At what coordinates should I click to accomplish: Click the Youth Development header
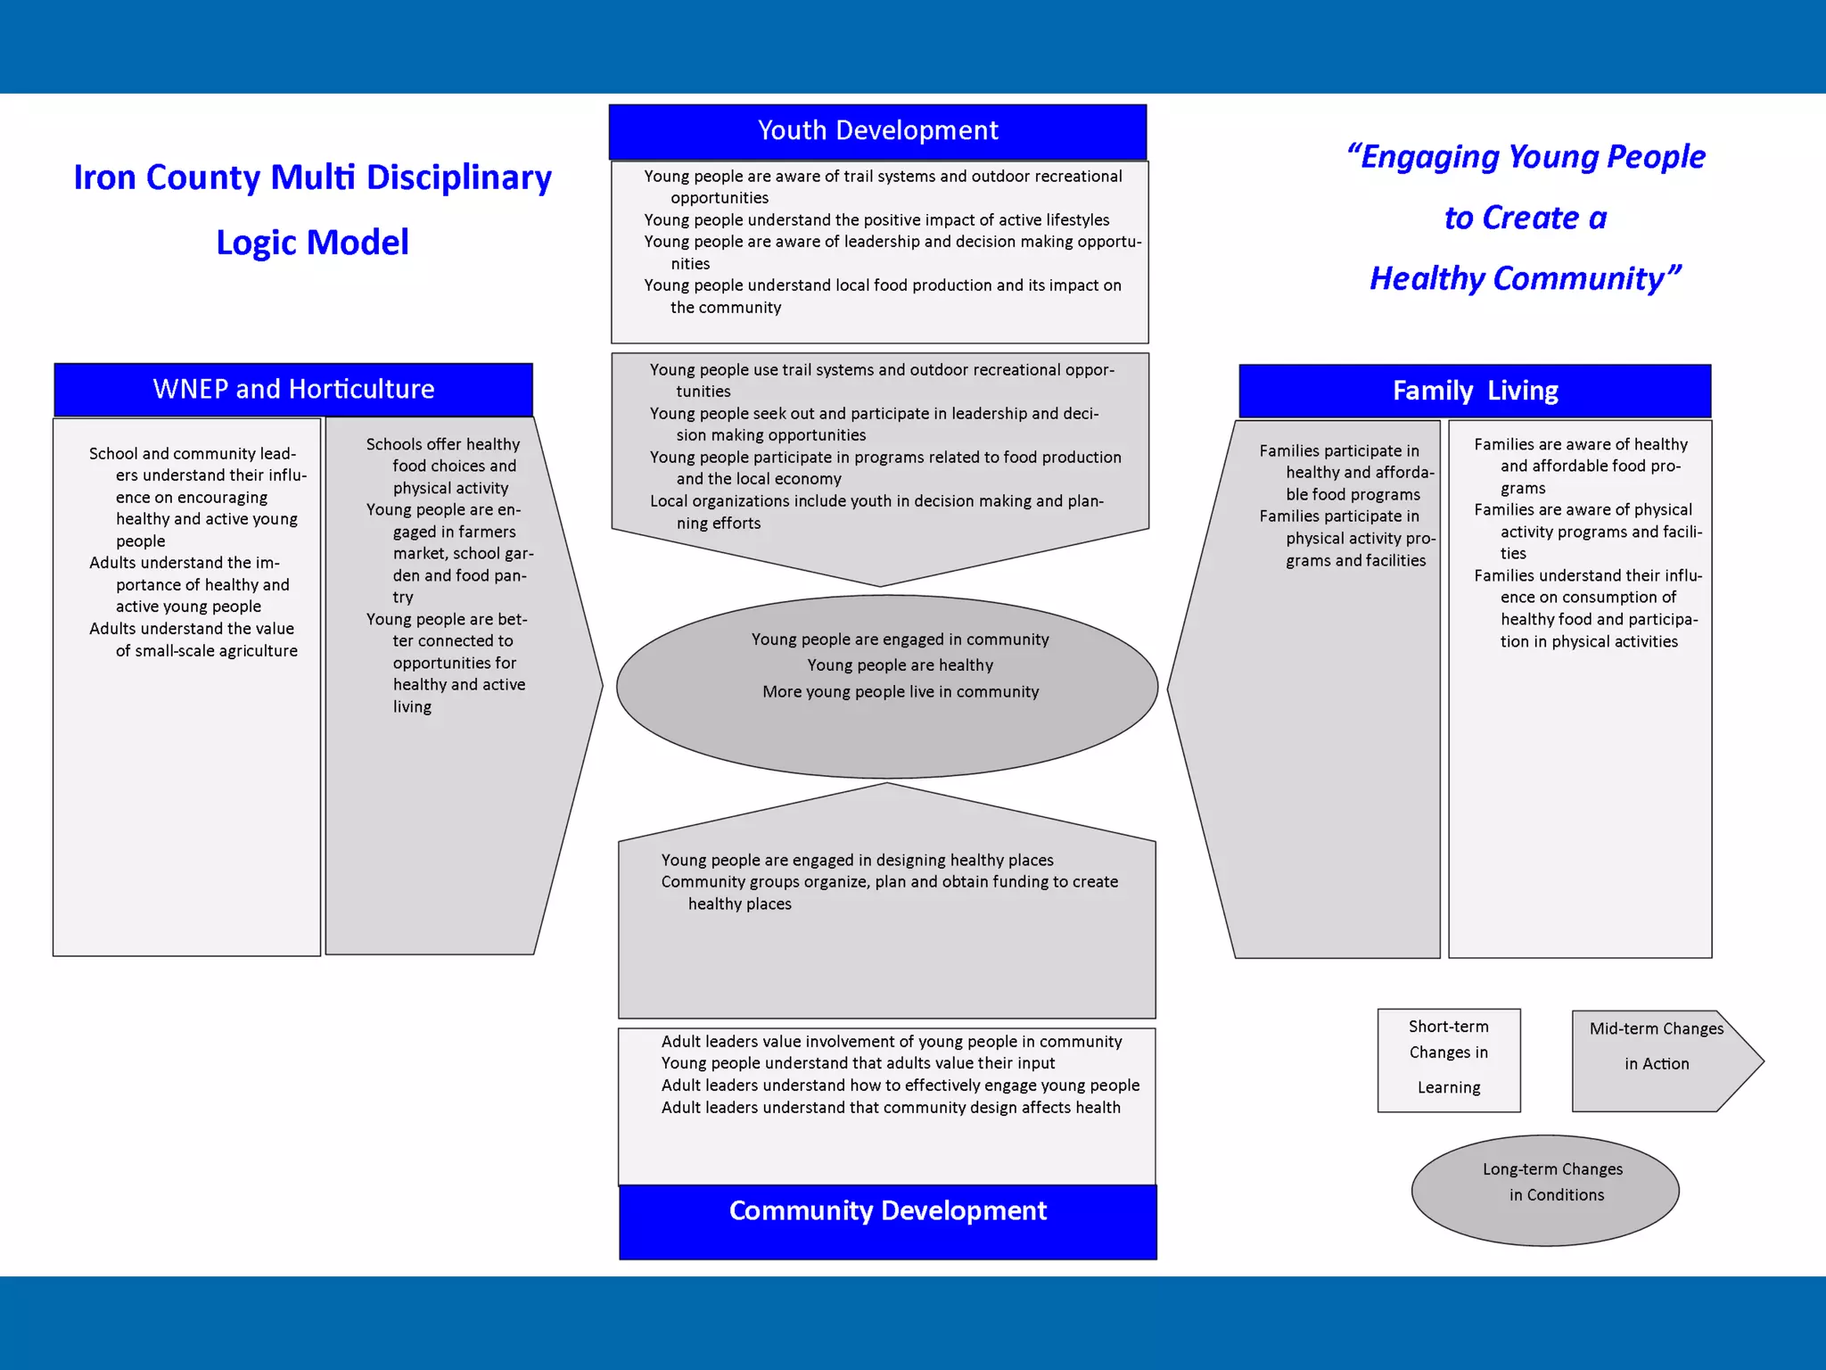pyautogui.click(x=877, y=131)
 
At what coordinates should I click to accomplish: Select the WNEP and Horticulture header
pyautogui.click(x=293, y=389)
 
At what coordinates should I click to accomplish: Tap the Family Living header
pyautogui.click(x=1475, y=391)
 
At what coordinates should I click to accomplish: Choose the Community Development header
pyautogui.click(x=887, y=1211)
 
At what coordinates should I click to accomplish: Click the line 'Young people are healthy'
pyautogui.click(x=900, y=665)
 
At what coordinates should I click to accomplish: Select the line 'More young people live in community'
pyautogui.click(x=900, y=692)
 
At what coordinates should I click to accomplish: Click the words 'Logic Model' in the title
pyautogui.click(x=312, y=243)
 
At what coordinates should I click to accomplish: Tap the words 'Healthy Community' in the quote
pyautogui.click(x=1525, y=279)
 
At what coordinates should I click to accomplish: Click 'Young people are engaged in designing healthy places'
pyautogui.click(x=857, y=861)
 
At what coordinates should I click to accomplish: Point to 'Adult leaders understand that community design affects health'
pyautogui.click(x=890, y=1108)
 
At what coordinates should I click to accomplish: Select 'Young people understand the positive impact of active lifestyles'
pyautogui.click(x=876, y=220)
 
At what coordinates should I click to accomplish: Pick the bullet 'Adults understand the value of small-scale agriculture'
pyautogui.click(x=193, y=640)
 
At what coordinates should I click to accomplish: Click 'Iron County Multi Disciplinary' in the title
pyautogui.click(x=312, y=177)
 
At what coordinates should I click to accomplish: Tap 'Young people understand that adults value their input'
pyautogui.click(x=858, y=1063)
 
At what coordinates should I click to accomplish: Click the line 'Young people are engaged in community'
pyautogui.click(x=900, y=640)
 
